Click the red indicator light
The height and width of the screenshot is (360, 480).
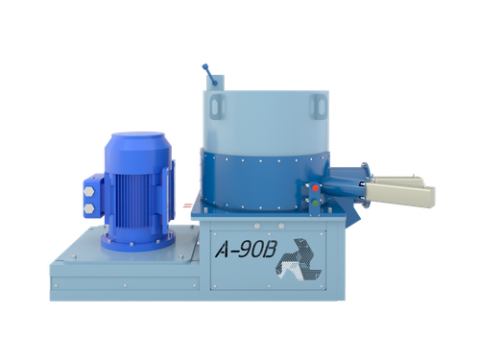[x=315, y=188]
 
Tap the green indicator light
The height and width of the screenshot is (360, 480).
[x=315, y=203]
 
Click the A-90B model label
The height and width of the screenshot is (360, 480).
[x=246, y=250]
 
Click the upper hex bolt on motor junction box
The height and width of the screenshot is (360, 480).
[x=89, y=192]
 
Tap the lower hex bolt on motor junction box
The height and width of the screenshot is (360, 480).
[x=89, y=209]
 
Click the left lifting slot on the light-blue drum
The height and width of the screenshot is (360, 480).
[x=218, y=107]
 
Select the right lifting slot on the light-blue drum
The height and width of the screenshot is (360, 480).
[x=319, y=107]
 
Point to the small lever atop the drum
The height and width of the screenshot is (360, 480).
[x=209, y=75]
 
